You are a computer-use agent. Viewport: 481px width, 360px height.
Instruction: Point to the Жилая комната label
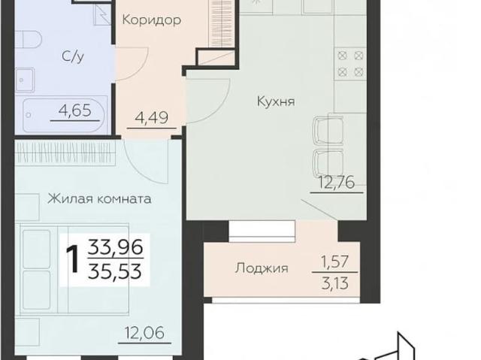point(99,199)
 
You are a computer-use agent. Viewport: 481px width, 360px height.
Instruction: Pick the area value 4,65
point(76,113)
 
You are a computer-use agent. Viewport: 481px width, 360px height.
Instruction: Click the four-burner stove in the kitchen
point(348,62)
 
